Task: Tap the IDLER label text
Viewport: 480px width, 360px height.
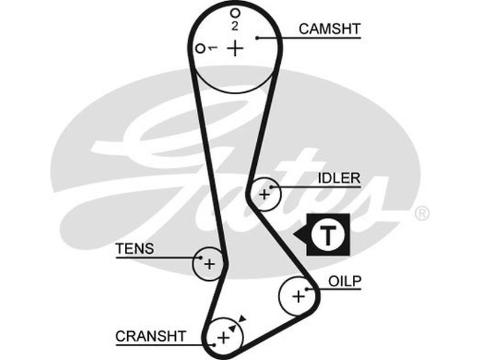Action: pyautogui.click(x=339, y=178)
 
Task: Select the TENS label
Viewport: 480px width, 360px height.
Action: pyautogui.click(x=135, y=248)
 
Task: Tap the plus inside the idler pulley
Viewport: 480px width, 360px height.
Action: pyautogui.click(x=265, y=194)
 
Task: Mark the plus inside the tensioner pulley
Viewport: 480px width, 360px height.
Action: pyautogui.click(x=209, y=263)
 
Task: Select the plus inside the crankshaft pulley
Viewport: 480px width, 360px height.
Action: pyautogui.click(x=223, y=337)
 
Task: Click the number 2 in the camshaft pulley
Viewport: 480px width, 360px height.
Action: pyautogui.click(x=235, y=26)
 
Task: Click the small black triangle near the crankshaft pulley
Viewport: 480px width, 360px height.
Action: pyautogui.click(x=242, y=319)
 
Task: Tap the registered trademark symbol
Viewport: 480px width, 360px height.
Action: pyautogui.click(x=422, y=213)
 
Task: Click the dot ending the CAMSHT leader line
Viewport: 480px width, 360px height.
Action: pyautogui.click(x=257, y=38)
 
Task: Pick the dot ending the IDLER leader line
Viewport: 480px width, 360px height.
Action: pyautogui.click(x=272, y=187)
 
